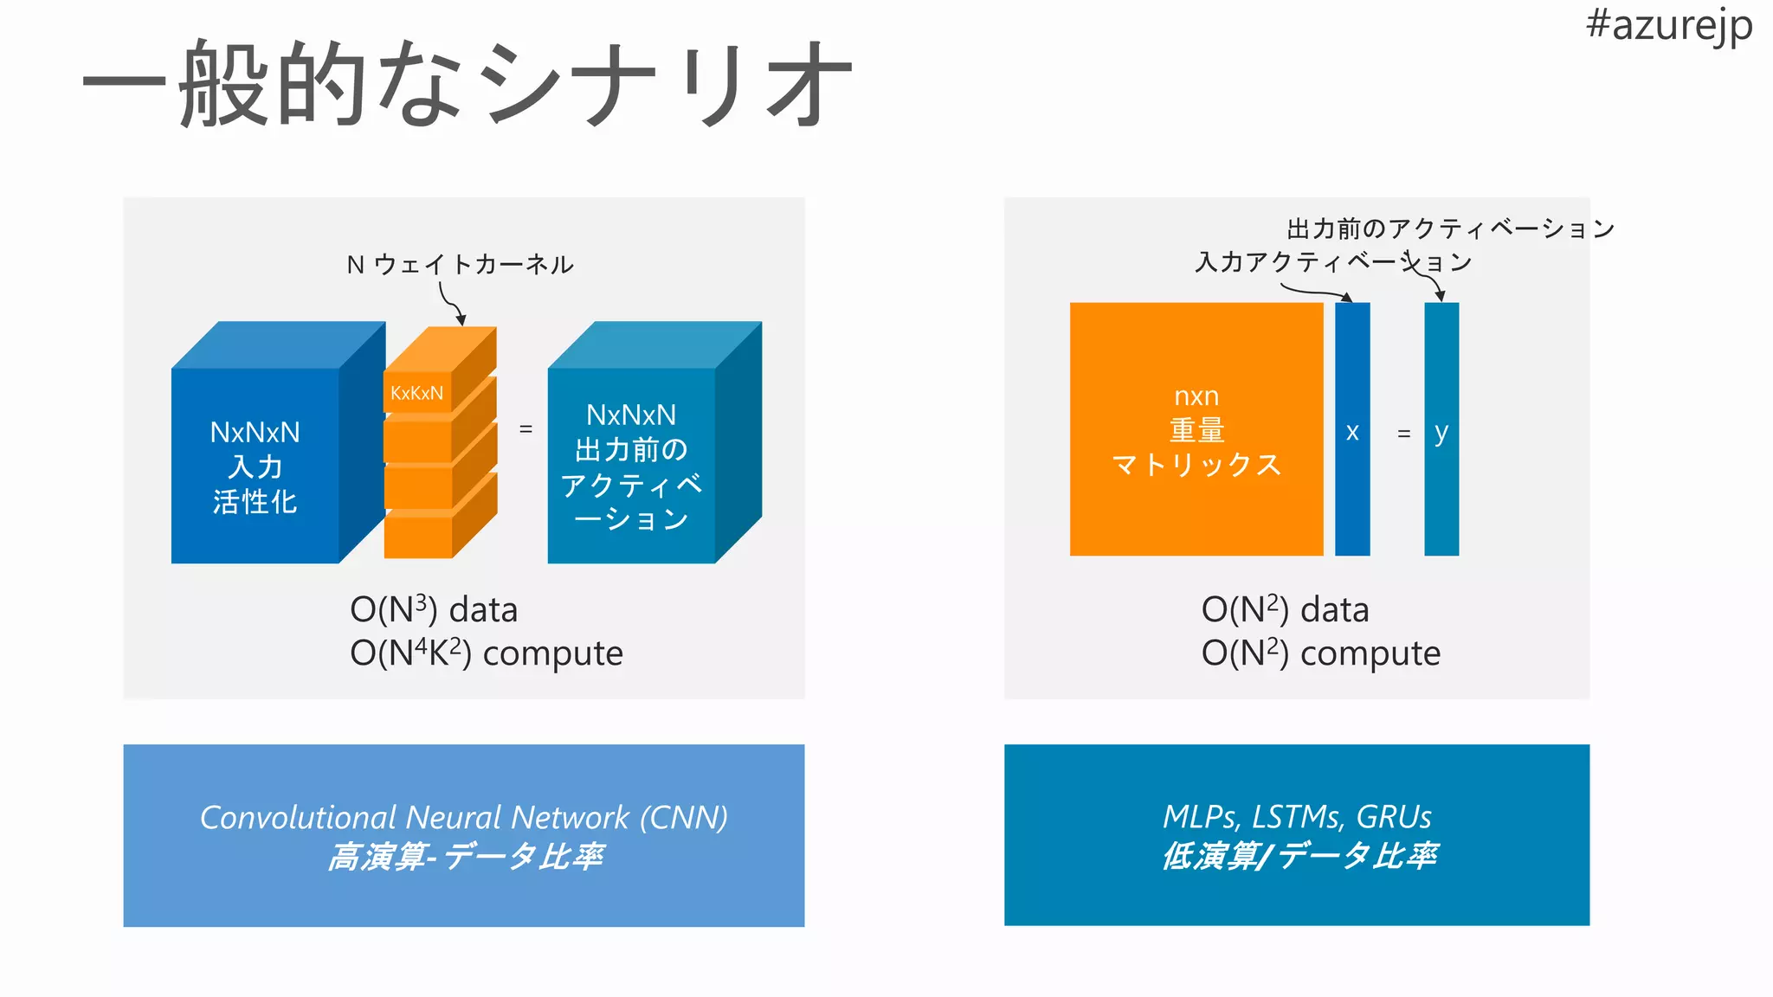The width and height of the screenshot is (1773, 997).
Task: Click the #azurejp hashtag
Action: click(1668, 25)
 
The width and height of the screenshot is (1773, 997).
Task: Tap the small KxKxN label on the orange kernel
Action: click(416, 393)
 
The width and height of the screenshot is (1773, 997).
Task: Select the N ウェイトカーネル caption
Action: click(460, 264)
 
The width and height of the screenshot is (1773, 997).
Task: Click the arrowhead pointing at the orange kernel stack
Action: click(461, 319)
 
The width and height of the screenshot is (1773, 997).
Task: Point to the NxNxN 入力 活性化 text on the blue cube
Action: click(255, 466)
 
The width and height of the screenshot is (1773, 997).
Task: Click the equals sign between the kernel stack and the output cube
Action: click(525, 428)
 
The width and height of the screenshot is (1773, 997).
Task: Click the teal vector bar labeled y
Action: click(1441, 485)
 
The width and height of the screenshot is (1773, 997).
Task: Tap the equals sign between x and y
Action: click(1404, 433)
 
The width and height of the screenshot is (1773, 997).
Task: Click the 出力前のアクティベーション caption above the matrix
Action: click(1450, 228)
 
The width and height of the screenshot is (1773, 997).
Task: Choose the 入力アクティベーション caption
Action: click(1333, 261)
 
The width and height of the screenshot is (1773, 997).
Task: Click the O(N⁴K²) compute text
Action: click(486, 653)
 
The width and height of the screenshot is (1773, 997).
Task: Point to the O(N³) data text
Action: click(433, 610)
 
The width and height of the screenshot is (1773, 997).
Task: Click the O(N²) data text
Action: click(1285, 610)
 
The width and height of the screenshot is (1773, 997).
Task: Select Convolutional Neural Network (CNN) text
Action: click(463, 817)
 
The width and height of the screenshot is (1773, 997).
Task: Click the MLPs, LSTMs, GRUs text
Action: click(1297, 816)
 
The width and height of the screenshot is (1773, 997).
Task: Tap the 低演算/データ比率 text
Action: click(1299, 856)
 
